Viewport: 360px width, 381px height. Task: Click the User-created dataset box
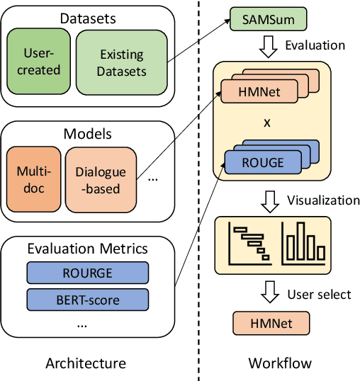(x=41, y=62)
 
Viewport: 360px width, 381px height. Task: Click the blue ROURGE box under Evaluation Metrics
(x=88, y=272)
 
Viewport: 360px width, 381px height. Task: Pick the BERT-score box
(x=88, y=300)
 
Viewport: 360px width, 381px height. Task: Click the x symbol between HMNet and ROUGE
(x=266, y=122)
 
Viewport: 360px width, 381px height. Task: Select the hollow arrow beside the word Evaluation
(x=269, y=45)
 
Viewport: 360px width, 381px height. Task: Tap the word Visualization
(x=323, y=200)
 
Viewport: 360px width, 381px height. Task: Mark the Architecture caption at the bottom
(x=85, y=363)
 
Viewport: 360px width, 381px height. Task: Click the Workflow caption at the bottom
(x=279, y=363)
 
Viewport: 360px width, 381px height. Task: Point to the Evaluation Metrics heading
(x=87, y=248)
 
